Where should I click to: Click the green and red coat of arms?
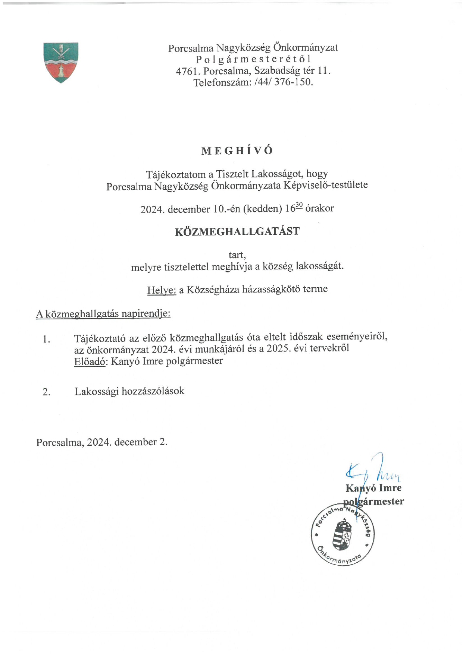(x=61, y=62)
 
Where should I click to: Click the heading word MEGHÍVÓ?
(x=237, y=151)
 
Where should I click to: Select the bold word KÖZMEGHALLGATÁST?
(x=237, y=231)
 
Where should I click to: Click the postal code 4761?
(x=188, y=71)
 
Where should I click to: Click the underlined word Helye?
(x=162, y=290)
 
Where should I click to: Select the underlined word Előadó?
(x=90, y=361)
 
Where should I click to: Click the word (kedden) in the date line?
(x=263, y=209)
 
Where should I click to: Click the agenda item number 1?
(x=46, y=339)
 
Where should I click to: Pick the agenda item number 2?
(x=46, y=392)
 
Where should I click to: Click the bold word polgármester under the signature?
(x=373, y=502)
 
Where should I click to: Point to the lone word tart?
(x=237, y=255)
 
